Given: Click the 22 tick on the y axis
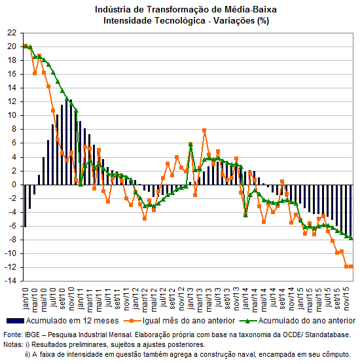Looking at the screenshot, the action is (x=12, y=33).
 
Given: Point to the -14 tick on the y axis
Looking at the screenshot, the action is (x=10, y=281).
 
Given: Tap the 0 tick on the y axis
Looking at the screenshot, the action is (x=14, y=185).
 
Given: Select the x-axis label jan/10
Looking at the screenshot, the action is (x=25, y=299).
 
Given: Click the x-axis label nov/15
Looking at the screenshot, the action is (x=346, y=299).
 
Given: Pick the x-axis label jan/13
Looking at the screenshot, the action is (x=190, y=299).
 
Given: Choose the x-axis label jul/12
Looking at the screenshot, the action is (x=163, y=298).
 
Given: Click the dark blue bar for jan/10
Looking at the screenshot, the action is (x=26, y=206).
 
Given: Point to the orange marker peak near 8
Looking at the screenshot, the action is (x=204, y=130).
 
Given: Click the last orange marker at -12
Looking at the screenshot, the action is (x=351, y=266).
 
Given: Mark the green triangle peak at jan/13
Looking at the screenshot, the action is (x=190, y=145).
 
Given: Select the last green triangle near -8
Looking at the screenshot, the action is (x=351, y=238).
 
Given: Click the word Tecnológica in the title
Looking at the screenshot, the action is (x=180, y=21).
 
